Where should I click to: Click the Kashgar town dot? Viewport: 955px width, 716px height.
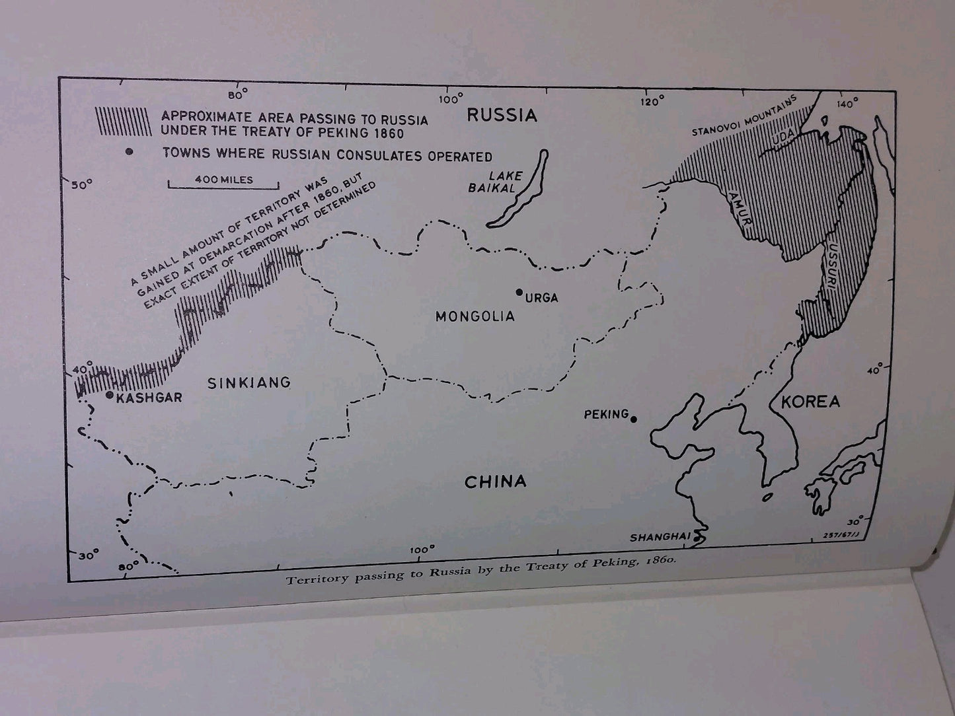point(110,394)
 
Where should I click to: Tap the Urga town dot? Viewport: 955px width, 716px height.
point(519,293)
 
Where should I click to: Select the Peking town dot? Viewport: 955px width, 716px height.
point(634,419)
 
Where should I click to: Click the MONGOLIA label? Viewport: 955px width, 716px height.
point(475,316)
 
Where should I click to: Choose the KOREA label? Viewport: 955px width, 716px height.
point(810,402)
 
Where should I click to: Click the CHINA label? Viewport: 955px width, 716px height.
point(496,482)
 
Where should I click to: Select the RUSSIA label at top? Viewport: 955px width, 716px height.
point(502,115)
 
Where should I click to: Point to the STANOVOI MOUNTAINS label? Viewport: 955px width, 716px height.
point(745,116)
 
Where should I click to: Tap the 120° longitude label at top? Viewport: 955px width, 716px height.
point(652,101)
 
